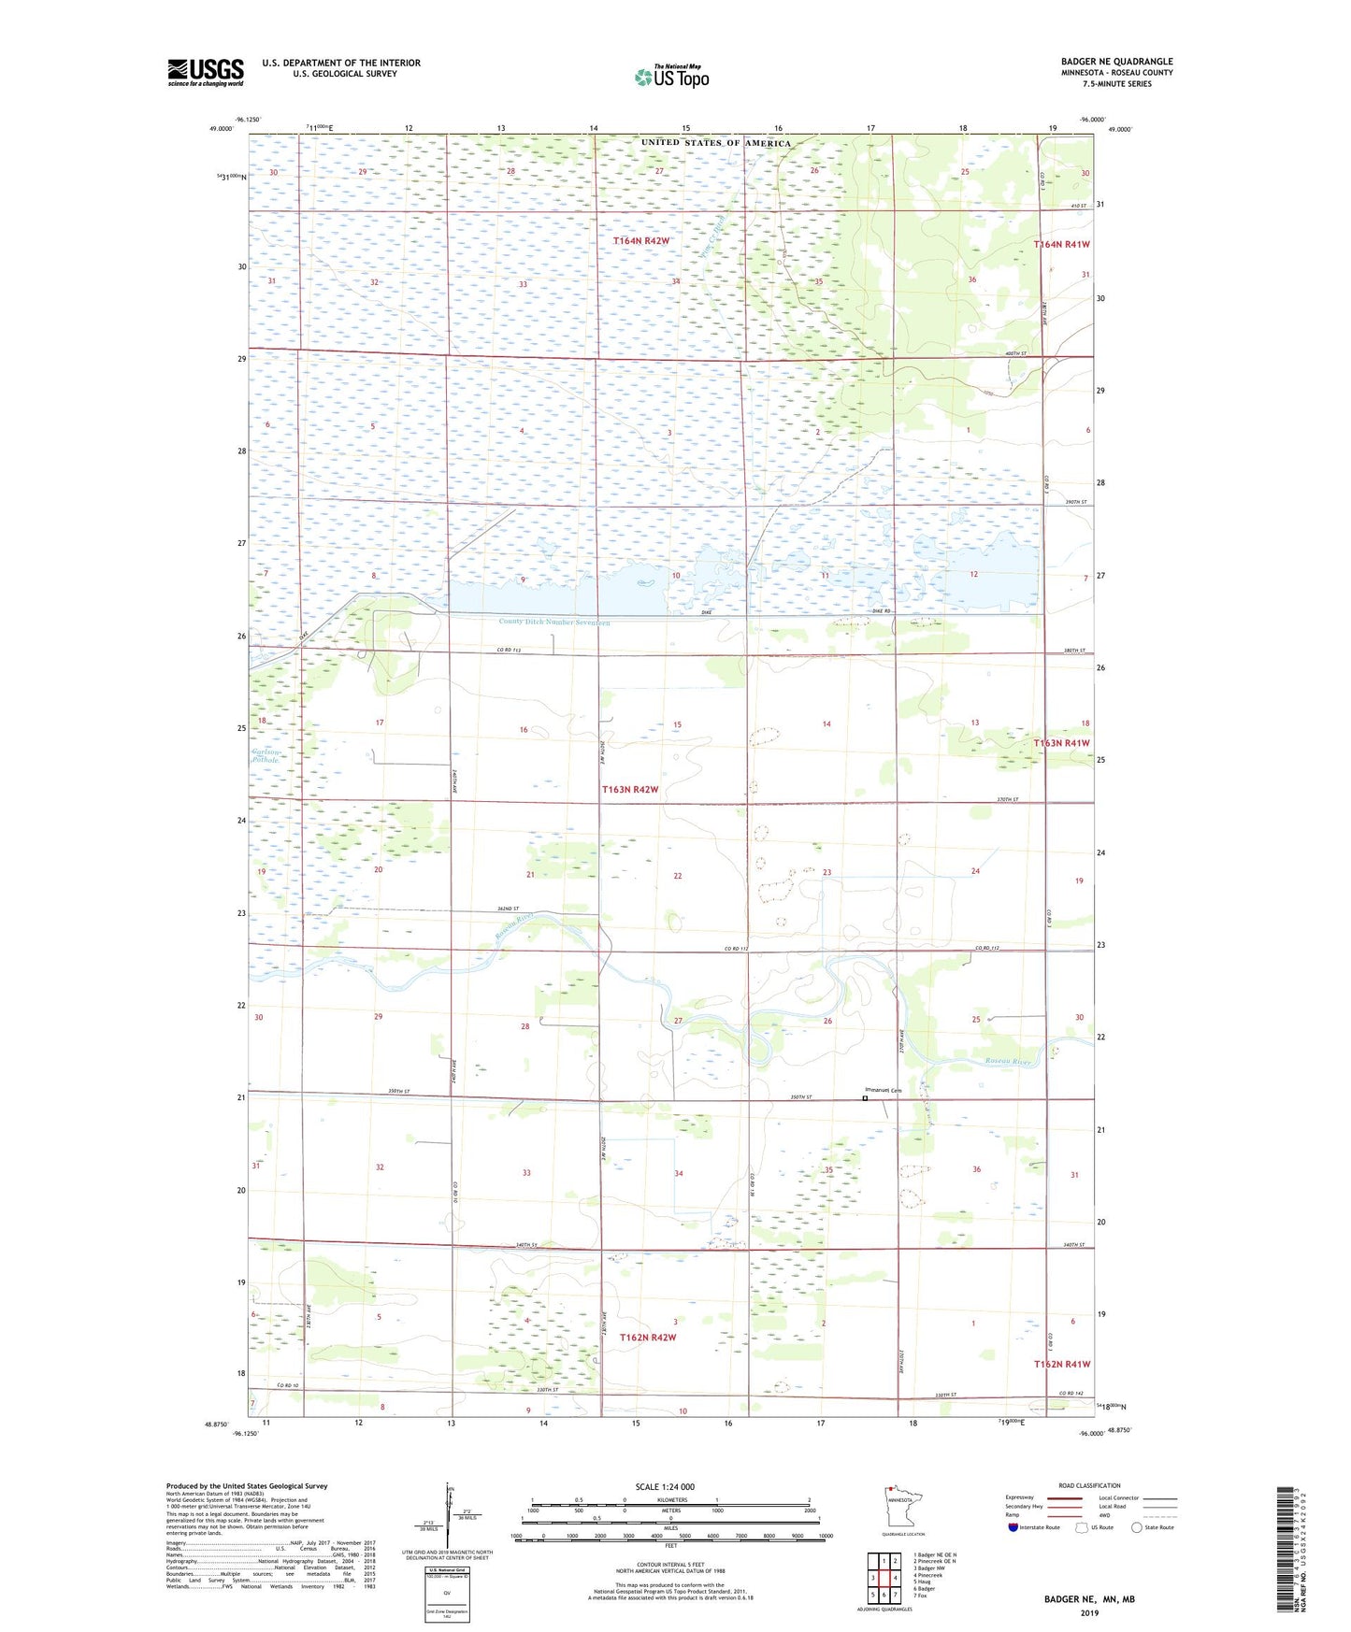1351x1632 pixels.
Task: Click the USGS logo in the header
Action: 206,72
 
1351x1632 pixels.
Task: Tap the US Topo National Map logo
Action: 671,77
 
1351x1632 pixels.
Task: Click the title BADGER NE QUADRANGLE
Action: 1116,62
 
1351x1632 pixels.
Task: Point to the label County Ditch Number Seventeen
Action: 553,622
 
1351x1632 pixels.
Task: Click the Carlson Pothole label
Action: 266,756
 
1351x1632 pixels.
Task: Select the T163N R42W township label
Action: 630,790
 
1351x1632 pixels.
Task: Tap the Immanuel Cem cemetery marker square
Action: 865,1099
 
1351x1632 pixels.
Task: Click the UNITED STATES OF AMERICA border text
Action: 715,143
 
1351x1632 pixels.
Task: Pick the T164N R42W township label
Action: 641,241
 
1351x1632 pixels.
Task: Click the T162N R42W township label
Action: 648,1338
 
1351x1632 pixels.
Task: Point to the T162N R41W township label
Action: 1062,1365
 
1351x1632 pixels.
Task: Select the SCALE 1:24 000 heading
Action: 665,1487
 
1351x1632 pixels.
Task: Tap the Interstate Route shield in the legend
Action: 1014,1527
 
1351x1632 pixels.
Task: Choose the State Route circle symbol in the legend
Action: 1137,1527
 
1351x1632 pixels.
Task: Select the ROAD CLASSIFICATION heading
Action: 1089,1485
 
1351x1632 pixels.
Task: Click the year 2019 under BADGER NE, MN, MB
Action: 1089,1612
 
